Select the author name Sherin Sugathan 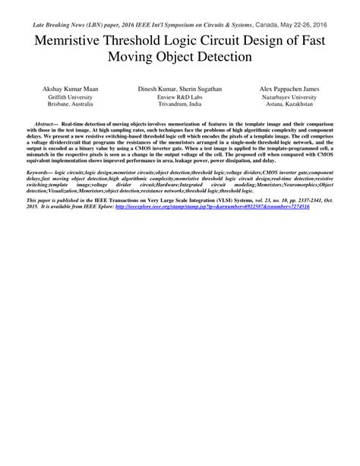tap(201, 90)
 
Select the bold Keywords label tap(39, 173)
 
